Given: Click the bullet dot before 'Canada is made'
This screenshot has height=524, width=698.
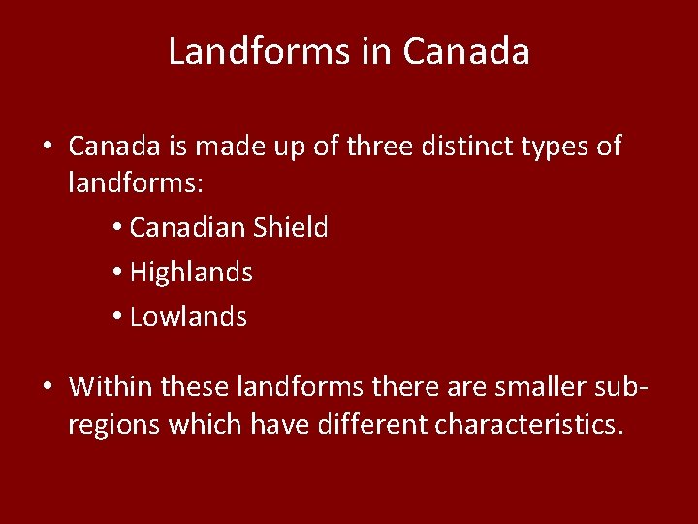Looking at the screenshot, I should pos(47,147).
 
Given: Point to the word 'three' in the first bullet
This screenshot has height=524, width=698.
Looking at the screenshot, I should pos(373,147).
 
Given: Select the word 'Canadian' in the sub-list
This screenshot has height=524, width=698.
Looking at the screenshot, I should pos(187,227).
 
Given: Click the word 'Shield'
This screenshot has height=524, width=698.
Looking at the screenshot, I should pos(291,227).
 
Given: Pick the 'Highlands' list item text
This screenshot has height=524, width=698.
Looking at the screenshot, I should pos(191,273).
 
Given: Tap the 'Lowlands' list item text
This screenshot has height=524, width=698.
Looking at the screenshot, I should pos(188,316).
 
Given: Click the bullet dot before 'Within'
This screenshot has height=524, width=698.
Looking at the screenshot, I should pos(47,388).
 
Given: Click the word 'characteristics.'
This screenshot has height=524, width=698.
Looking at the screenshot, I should pos(528,424).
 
